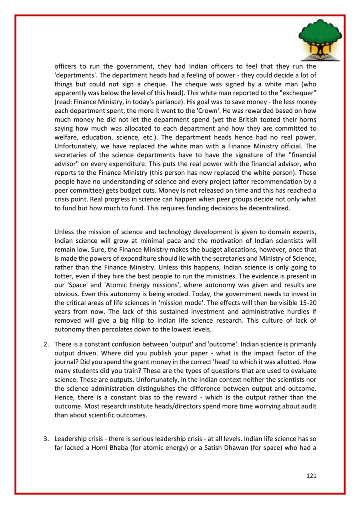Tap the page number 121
coord(311,475)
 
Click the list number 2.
coord(46,344)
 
